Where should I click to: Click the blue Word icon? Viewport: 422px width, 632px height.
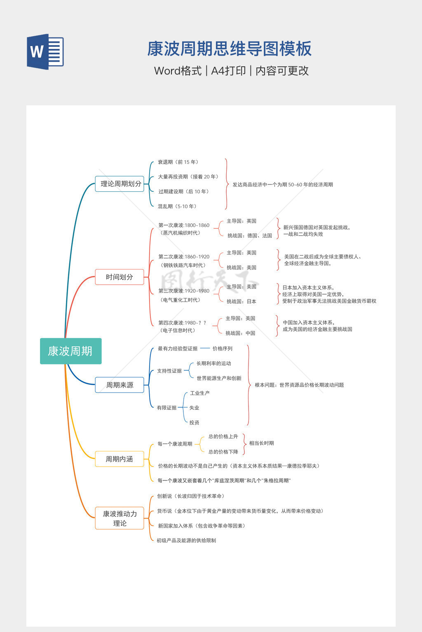click(45, 52)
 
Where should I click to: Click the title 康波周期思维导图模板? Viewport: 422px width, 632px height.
click(229, 49)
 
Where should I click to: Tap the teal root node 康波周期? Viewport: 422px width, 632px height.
click(70, 351)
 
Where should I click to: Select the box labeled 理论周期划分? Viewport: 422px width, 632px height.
click(120, 184)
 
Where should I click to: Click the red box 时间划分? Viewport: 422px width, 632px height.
click(120, 277)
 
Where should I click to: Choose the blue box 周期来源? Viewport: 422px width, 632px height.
click(120, 385)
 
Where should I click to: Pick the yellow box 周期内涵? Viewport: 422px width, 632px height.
click(120, 459)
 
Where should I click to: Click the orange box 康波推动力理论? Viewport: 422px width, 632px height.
click(120, 518)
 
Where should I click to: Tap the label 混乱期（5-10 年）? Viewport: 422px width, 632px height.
click(178, 206)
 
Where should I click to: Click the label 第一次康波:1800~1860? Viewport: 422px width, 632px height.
click(184, 225)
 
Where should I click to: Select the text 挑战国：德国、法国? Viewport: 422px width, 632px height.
click(249, 236)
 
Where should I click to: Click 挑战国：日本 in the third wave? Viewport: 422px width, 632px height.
click(241, 302)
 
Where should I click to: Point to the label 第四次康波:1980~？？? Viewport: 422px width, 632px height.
click(182, 323)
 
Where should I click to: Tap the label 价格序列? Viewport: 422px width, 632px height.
click(223, 349)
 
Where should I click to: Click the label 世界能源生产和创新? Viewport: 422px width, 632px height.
click(219, 378)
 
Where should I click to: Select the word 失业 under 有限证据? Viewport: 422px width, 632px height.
click(194, 408)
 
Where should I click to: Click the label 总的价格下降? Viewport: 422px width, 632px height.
click(223, 452)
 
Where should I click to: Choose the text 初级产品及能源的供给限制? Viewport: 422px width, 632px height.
click(186, 540)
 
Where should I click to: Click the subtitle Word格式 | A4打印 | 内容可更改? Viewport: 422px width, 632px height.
click(231, 71)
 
